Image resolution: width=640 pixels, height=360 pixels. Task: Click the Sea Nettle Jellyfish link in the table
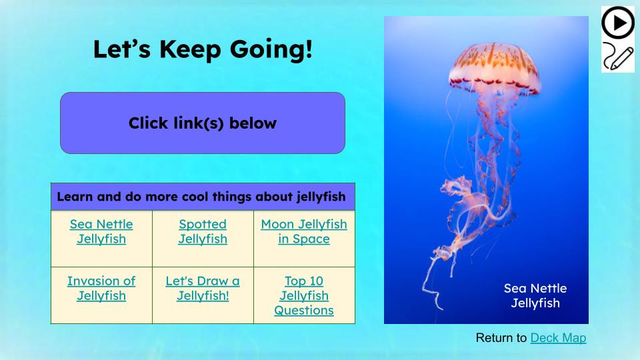point(101,231)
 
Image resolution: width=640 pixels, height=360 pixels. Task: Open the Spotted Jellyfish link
point(203,231)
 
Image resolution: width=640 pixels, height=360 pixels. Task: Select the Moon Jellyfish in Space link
point(304,231)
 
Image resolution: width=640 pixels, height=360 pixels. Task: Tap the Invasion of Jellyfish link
point(101,288)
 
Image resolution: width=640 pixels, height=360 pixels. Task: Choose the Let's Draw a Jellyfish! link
point(203,288)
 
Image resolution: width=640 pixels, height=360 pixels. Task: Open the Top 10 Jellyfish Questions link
point(304,295)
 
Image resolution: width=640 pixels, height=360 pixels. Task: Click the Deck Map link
point(558,338)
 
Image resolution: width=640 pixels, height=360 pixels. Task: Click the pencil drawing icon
point(617,57)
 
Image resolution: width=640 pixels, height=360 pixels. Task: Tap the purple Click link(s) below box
point(203,123)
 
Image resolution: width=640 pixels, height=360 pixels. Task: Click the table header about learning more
point(203,197)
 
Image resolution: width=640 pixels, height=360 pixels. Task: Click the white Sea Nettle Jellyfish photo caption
point(535,296)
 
